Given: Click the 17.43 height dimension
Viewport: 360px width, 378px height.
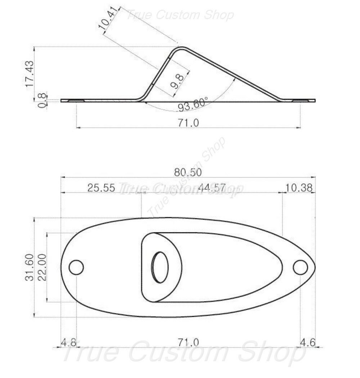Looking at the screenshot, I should click(x=30, y=73).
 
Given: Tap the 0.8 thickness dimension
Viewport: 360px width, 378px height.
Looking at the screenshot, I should click(x=42, y=101).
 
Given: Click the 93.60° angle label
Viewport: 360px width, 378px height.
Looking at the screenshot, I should click(x=193, y=104).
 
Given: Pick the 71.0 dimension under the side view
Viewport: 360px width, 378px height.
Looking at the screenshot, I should click(x=188, y=123).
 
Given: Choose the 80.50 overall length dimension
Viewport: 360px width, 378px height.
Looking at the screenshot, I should click(x=188, y=172).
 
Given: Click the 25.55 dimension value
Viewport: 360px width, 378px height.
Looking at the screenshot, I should click(x=101, y=188).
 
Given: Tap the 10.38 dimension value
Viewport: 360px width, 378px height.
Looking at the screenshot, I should click(x=299, y=188).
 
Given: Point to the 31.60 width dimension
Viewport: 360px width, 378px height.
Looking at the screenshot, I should click(x=30, y=267).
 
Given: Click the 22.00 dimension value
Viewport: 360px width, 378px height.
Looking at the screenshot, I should click(x=42, y=267).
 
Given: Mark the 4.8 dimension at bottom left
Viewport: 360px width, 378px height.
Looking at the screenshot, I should click(x=68, y=342).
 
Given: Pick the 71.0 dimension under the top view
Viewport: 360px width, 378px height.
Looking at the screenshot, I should click(x=188, y=342).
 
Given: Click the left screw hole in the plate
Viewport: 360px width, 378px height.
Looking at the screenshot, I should click(x=76, y=268).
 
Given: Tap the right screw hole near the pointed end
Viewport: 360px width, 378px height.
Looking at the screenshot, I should click(x=300, y=268).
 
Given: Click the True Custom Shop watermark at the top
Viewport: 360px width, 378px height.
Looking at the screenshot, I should click(x=180, y=15).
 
